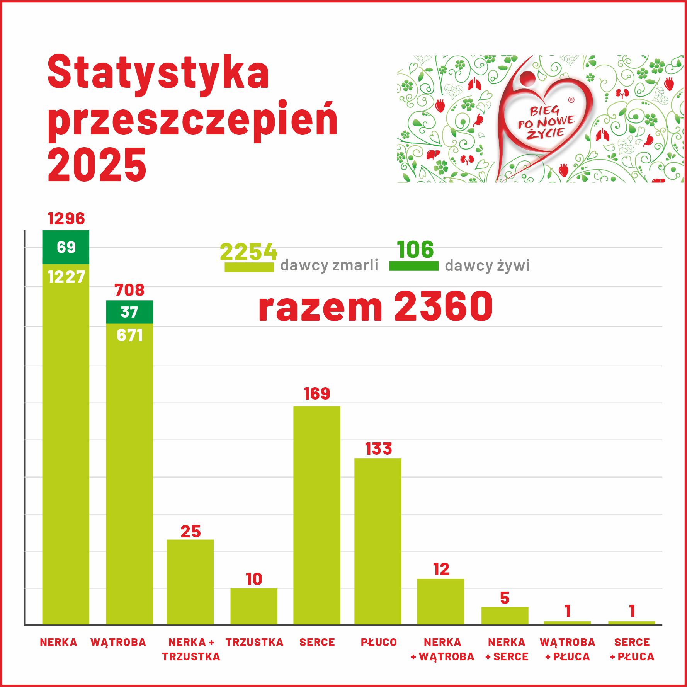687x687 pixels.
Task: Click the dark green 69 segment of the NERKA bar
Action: point(66,247)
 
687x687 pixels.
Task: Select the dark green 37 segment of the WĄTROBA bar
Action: point(129,312)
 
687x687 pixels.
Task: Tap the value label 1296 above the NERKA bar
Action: point(66,219)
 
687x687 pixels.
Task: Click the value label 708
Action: point(129,290)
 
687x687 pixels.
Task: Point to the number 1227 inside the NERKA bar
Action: point(66,277)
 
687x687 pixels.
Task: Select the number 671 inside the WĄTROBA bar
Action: point(130,335)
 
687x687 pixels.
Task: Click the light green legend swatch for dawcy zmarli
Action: point(249,267)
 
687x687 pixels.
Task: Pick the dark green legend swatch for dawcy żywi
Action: point(414,266)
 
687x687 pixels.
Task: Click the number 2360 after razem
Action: point(444,306)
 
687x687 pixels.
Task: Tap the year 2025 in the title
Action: point(97,165)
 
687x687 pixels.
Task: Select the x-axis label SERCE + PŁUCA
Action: point(632,649)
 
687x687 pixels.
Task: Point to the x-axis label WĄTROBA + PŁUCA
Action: point(567,649)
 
